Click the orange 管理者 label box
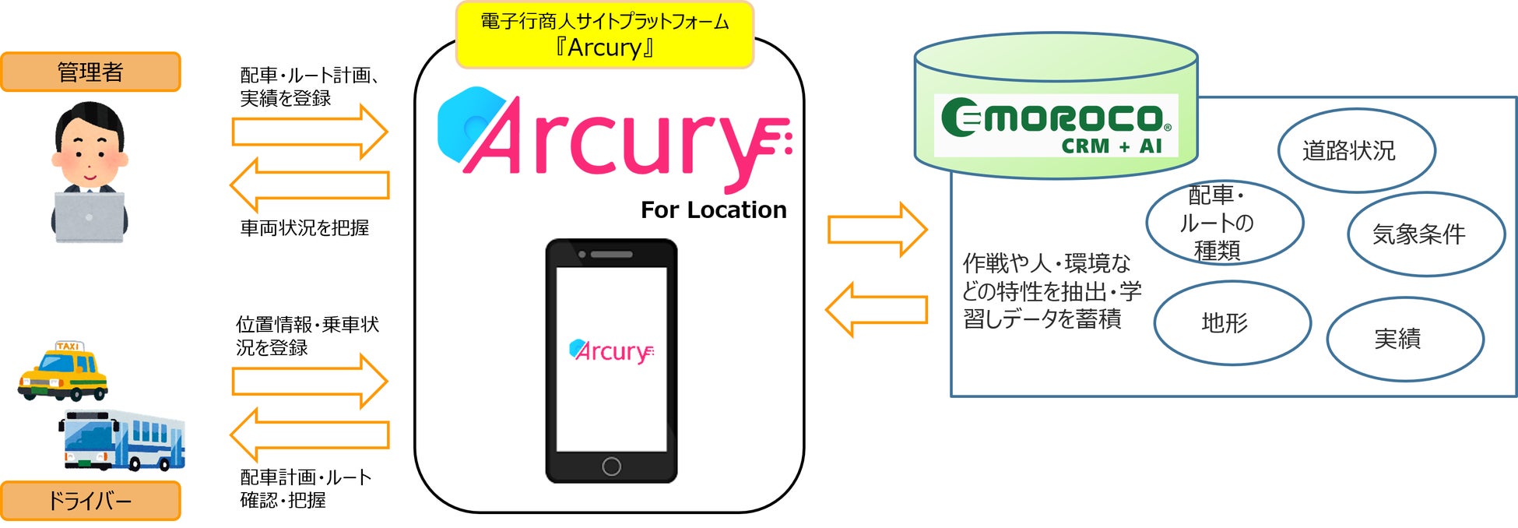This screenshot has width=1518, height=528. tap(90, 72)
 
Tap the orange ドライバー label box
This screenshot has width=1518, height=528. tap(90, 501)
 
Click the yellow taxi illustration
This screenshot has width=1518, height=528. tap(63, 371)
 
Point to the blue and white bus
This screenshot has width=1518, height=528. tap(123, 440)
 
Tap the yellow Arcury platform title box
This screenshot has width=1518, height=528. tap(604, 35)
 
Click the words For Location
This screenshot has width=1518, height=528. tap(713, 209)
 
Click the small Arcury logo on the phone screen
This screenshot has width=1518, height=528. tap(611, 351)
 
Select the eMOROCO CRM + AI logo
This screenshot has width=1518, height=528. tap(1056, 126)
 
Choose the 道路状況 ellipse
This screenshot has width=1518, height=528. tap(1356, 150)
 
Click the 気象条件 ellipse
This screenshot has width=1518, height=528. tap(1425, 234)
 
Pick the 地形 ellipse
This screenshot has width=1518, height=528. tap(1232, 322)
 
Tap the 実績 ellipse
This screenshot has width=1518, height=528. tap(1404, 339)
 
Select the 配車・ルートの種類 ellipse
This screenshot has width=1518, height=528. tap(1224, 224)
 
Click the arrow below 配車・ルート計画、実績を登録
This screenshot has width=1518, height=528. tap(310, 132)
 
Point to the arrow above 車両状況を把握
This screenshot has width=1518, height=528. tap(310, 185)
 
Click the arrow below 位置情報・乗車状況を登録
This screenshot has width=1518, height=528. tap(310, 381)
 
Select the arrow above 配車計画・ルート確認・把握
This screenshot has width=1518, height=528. tap(310, 435)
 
